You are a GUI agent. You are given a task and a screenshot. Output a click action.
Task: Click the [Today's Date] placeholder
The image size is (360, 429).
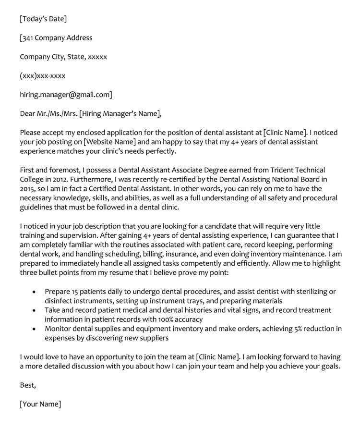click(x=43, y=19)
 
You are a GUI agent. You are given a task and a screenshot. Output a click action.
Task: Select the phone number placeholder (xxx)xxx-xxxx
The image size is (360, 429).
click(x=43, y=76)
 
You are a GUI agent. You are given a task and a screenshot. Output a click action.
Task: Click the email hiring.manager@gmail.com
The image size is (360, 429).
click(x=65, y=95)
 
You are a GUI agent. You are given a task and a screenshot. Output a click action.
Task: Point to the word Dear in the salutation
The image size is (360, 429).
click(x=28, y=114)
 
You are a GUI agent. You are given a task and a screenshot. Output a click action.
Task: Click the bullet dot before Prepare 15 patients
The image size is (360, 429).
click(x=33, y=292)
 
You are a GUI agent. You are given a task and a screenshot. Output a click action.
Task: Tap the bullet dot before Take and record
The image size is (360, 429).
click(x=33, y=311)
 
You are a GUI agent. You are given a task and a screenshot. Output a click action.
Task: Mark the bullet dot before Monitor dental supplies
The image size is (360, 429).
click(x=33, y=330)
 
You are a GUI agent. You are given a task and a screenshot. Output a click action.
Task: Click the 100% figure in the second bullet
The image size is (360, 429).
click(x=159, y=319)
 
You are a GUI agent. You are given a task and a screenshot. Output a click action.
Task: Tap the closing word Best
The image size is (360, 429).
click(x=28, y=385)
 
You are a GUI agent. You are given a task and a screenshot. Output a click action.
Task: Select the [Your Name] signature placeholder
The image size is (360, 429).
click(x=40, y=404)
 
